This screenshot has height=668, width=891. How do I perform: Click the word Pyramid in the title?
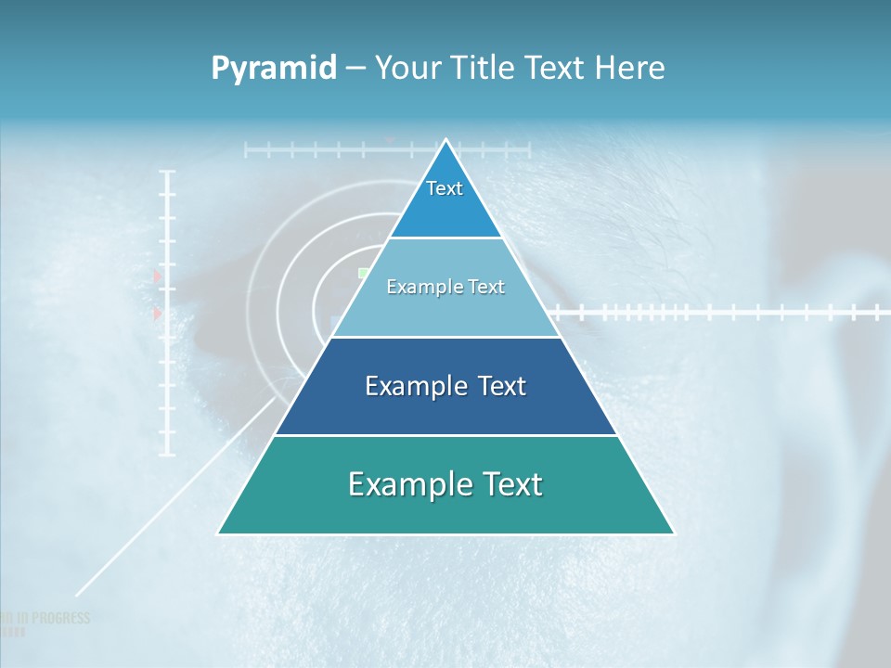tap(274, 69)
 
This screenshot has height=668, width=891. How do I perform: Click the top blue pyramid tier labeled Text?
tap(445, 199)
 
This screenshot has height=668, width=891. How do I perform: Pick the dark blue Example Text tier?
tap(445, 387)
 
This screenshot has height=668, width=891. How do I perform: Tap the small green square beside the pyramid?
tap(363, 273)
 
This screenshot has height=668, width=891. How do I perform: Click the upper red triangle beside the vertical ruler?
tap(157, 276)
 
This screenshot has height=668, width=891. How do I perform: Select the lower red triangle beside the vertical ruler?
tap(157, 315)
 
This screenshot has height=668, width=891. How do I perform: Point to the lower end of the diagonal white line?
tap(76, 595)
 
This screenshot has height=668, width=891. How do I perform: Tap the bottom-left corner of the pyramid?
tap(218, 533)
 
